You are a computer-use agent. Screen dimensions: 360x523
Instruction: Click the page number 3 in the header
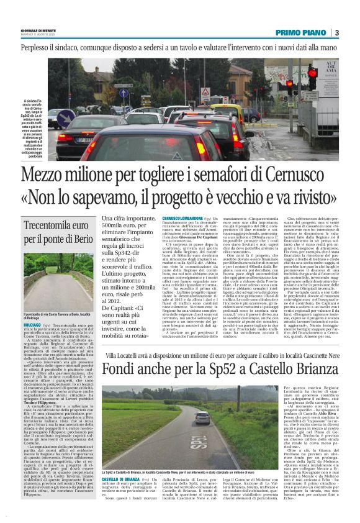tap(335, 32)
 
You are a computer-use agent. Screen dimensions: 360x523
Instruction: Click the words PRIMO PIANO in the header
tap(300, 32)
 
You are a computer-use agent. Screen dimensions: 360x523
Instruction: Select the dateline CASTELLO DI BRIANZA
tap(122, 480)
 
